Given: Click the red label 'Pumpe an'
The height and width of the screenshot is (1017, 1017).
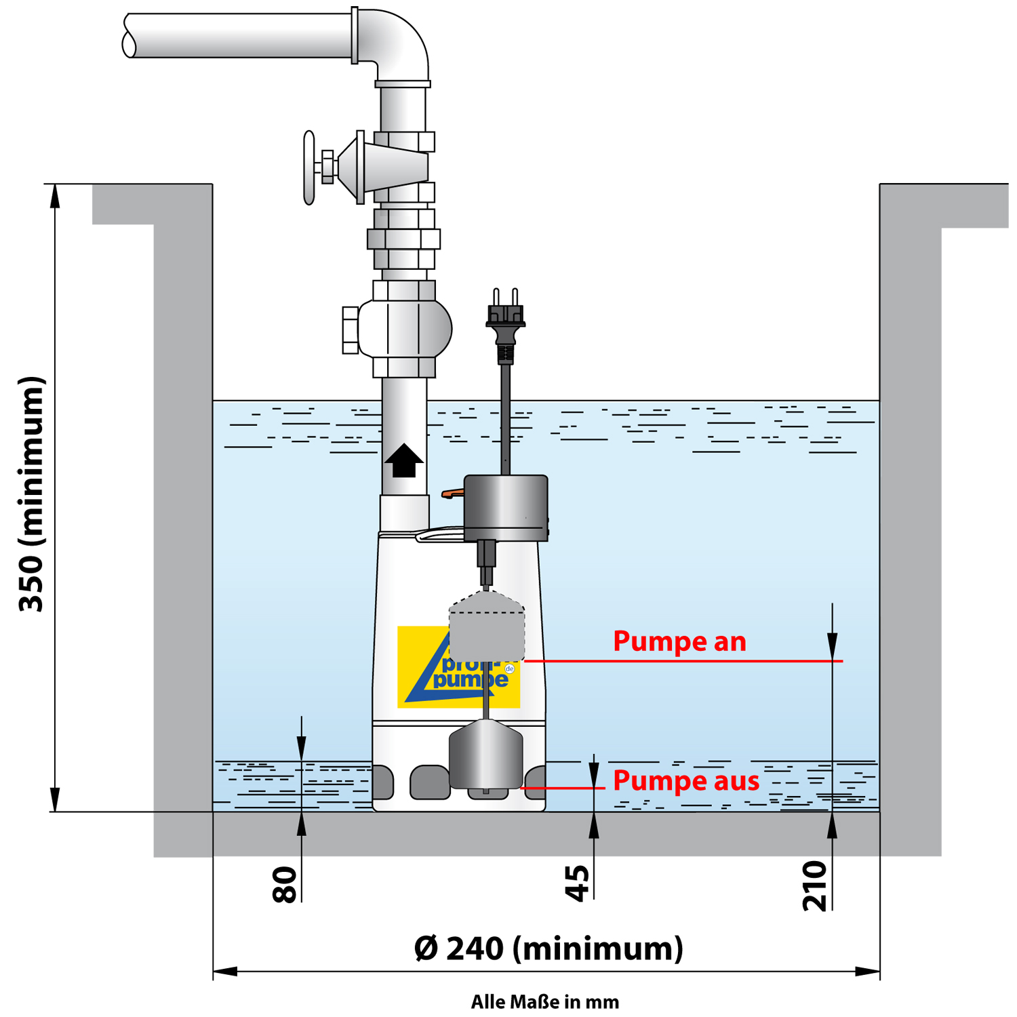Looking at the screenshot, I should point(679,641).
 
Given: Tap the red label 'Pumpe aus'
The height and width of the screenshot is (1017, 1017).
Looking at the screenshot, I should point(686,781).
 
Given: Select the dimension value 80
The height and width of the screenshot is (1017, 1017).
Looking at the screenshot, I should point(285,884).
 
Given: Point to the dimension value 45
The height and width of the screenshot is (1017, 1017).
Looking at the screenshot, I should point(578,883).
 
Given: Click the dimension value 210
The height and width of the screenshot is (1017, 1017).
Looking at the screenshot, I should point(816,885).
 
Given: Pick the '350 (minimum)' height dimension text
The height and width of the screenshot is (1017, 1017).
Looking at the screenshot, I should point(32,494).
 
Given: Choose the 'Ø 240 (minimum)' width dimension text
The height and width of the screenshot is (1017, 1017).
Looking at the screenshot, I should point(548,948).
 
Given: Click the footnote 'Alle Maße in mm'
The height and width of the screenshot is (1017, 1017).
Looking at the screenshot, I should point(545,1002).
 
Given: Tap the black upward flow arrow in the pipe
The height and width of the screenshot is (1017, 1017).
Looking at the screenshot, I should point(404,460).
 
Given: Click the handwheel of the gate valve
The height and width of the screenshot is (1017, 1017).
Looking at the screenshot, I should point(310,167).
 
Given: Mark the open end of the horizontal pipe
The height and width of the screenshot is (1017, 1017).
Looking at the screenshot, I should point(128,36).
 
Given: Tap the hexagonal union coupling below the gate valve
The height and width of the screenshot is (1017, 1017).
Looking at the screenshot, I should point(404,239).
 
